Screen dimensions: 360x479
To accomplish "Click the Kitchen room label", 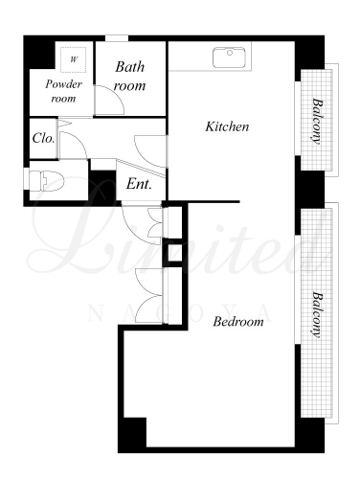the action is [227, 126].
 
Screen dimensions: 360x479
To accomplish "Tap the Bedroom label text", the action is [238, 321].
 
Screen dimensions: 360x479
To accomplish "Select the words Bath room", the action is [129, 76].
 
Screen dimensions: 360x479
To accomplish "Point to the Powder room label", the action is [63, 91].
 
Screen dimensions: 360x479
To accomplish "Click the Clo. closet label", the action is [43, 138].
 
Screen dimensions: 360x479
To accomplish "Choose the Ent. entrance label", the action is [139, 184].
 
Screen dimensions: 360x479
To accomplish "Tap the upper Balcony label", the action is [317, 121].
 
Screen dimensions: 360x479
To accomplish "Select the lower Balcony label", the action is [317, 314].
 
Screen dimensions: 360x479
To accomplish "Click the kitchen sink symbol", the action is [229, 57].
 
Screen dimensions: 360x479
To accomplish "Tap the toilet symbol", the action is [47, 181].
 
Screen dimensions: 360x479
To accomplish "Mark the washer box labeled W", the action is [74, 59].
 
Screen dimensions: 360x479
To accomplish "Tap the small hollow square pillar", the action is [172, 253].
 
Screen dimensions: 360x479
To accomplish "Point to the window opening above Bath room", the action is [117, 38].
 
